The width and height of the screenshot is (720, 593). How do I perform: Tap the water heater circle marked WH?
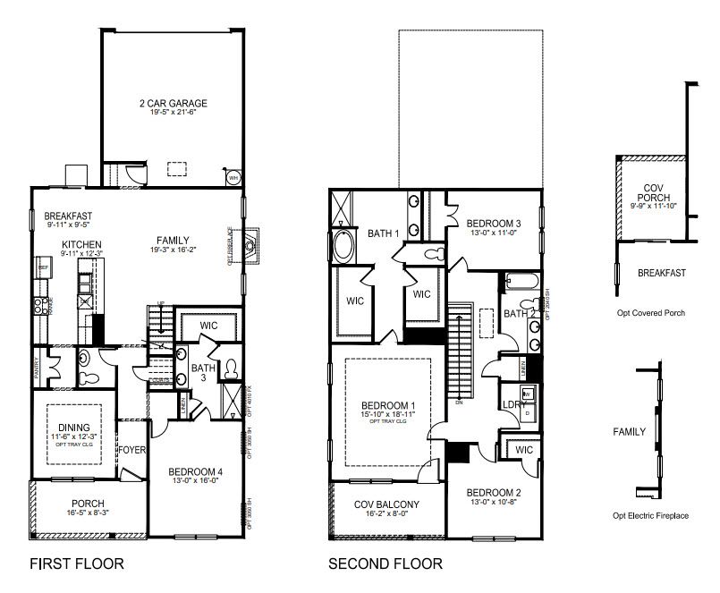coord(233,177)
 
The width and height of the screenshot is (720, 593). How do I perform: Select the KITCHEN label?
coord(81,244)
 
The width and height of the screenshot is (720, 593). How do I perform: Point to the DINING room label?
coord(75,426)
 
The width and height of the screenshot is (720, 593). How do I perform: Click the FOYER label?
coord(133,449)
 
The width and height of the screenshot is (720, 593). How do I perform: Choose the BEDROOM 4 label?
coord(196,471)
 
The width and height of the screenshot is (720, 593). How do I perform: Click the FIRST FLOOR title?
coord(76,564)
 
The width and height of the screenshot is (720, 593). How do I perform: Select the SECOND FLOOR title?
coord(385,564)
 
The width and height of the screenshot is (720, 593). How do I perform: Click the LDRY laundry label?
coord(512,403)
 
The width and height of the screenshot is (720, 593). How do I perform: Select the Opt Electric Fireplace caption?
coord(650,516)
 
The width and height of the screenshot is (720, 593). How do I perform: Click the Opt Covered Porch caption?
coord(649,313)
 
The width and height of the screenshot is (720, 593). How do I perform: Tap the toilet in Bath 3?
coord(230,369)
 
